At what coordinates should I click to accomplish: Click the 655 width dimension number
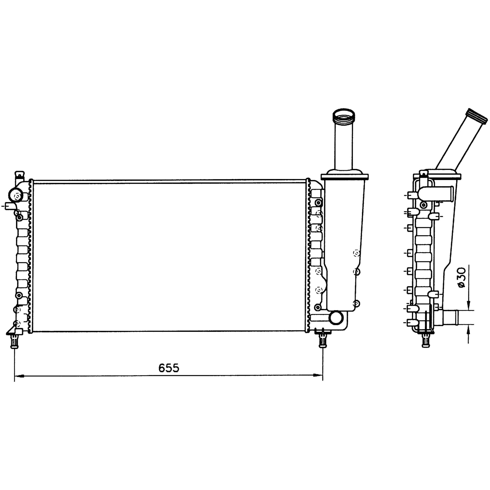click(169, 368)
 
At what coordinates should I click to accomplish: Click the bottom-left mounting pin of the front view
click(14, 341)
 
